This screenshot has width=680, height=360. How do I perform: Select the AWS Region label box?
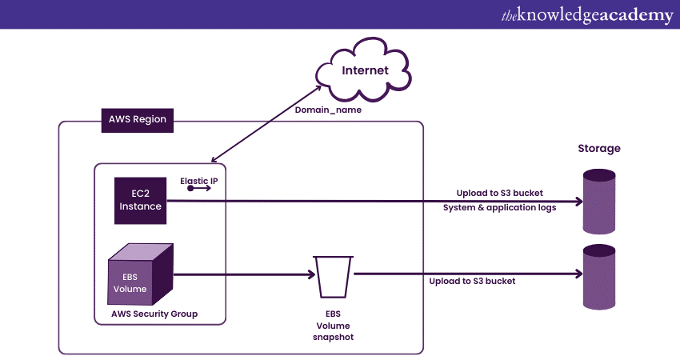point(138,120)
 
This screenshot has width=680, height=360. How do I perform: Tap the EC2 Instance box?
point(141,200)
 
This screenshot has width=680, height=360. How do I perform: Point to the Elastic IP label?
point(199,182)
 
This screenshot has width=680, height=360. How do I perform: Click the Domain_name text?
point(328,110)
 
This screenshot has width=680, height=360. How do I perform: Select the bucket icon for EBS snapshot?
point(333,276)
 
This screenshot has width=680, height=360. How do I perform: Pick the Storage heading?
point(599,149)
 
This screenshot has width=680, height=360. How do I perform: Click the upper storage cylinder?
point(599,202)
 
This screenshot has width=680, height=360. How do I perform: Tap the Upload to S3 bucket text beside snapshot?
point(472,281)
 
